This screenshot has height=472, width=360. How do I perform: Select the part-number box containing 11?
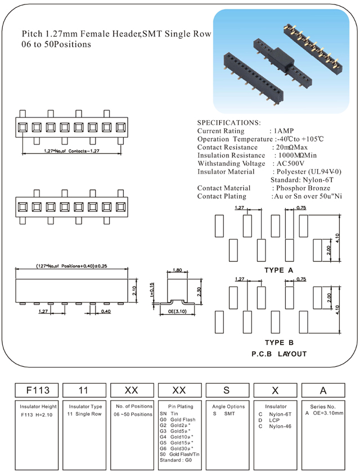click(x=83, y=389)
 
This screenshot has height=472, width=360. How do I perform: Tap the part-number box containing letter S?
click(x=227, y=389)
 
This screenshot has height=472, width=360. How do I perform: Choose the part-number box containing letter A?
click(x=322, y=389)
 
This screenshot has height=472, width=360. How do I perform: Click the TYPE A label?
click(x=279, y=270)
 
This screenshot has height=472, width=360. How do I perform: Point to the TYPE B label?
click(x=279, y=342)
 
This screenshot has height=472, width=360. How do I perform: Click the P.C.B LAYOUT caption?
click(x=279, y=354)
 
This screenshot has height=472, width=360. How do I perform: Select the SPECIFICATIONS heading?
click(x=229, y=122)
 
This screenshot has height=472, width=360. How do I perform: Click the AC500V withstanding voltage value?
click(x=291, y=164)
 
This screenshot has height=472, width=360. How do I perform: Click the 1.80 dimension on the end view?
click(x=177, y=270)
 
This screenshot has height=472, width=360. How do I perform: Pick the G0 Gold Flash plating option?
click(x=178, y=419)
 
